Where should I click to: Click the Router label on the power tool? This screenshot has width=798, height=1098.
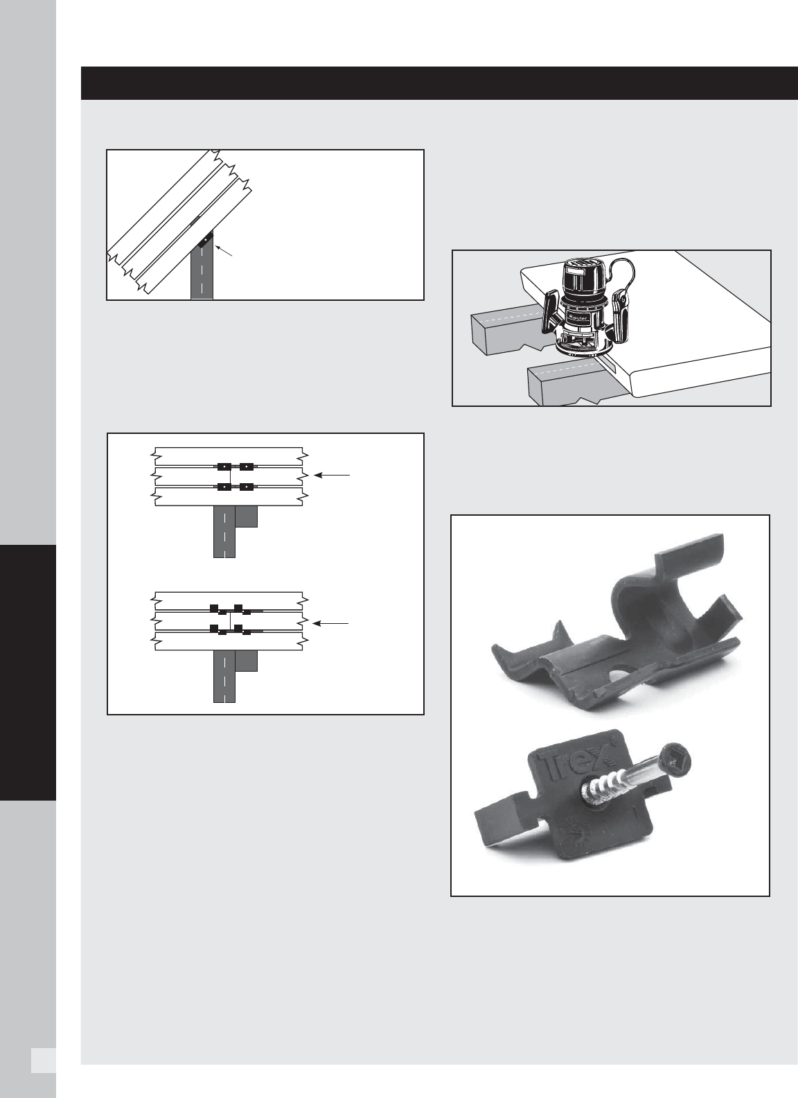coord(578,317)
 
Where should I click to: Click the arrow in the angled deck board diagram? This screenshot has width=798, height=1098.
coord(223,250)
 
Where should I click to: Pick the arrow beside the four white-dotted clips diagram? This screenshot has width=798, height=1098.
coord(332,475)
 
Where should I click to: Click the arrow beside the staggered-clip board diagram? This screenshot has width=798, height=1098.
coord(331,623)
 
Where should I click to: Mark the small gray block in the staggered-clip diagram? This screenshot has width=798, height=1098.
coord(247,661)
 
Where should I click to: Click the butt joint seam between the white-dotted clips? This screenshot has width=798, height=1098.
coord(231,476)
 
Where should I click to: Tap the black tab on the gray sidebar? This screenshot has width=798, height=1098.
coord(28,672)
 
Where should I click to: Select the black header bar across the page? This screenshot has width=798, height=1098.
coord(439,83)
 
